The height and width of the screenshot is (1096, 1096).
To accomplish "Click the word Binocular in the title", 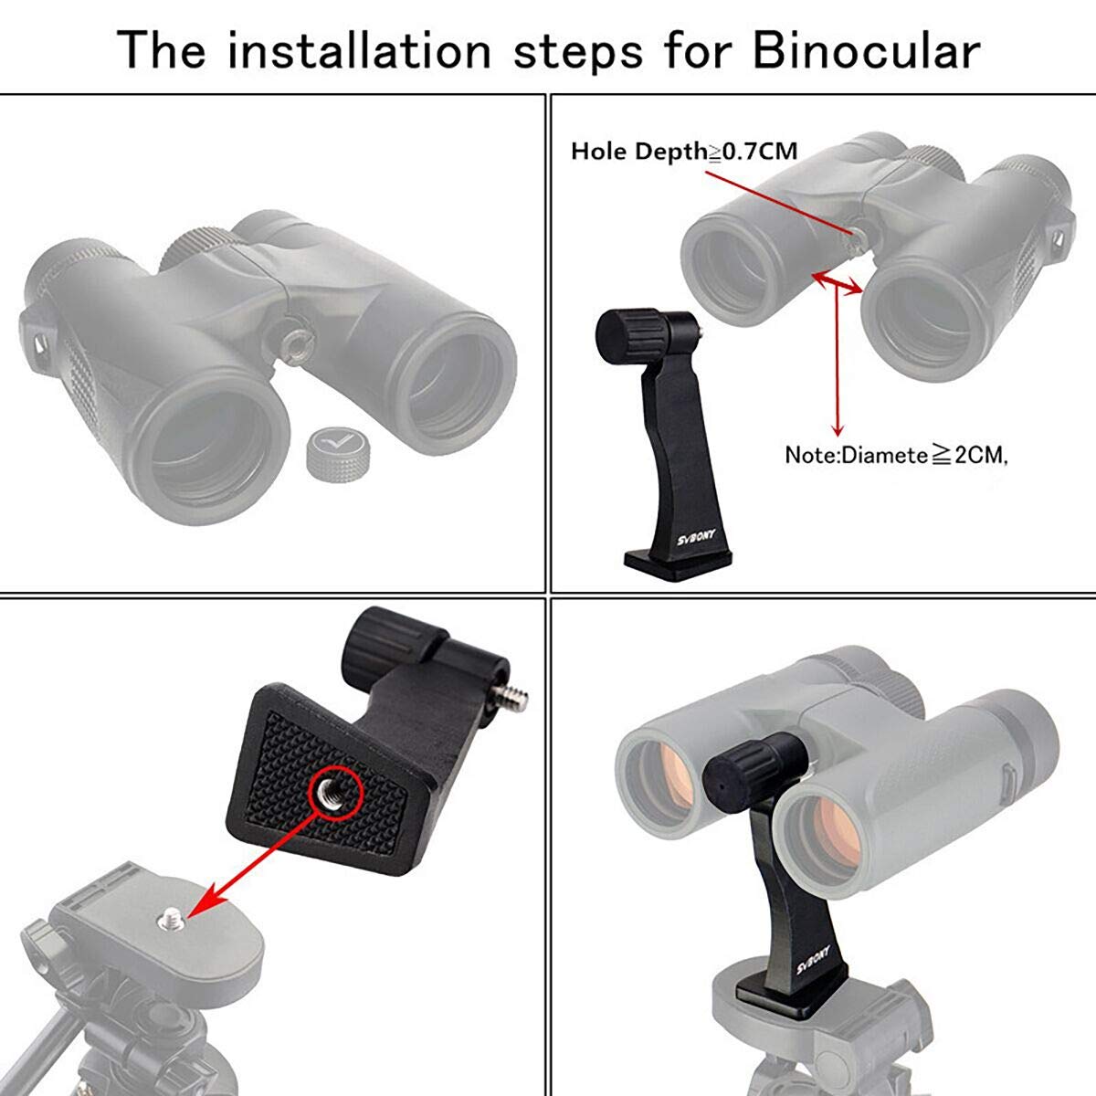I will tap(864, 50).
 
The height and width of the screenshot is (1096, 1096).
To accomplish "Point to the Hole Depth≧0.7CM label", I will tap(683, 152).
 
